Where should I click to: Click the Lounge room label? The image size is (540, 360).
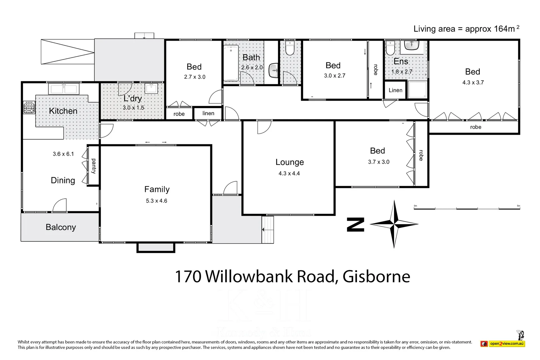pos(289,162)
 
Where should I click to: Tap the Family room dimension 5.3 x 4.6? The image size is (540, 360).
pos(156,201)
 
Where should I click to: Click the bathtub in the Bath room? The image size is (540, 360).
pos(231,63)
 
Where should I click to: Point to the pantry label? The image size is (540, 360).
pos(94,166)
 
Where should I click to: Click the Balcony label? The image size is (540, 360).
pos(61,227)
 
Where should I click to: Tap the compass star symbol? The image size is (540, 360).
pos(394,224)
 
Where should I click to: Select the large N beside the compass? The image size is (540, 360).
pos(355,224)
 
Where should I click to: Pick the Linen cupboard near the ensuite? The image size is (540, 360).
pos(395,90)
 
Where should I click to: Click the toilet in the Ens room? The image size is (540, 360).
pos(390,49)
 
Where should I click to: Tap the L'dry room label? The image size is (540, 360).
pos(133,98)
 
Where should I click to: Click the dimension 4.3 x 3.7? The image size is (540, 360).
pos(473,82)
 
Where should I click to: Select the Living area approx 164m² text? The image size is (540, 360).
pos(466,29)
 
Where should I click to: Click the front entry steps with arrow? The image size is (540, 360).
pos(268,229)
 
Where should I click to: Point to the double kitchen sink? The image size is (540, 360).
pos(64,89)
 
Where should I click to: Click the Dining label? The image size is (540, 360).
pos(63,180)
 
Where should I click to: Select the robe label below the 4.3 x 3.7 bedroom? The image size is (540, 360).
pos(475,127)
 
